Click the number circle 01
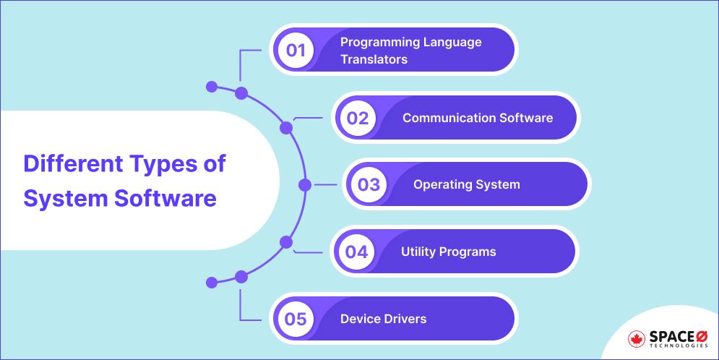(296, 51)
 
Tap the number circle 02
(358, 118)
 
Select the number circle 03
(369, 184)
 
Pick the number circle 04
(357, 252)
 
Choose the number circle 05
(296, 319)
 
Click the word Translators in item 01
(374, 59)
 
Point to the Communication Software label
(477, 118)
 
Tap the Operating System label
(466, 184)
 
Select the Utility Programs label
(448, 252)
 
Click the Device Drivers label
(383, 319)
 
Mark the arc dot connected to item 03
(305, 185)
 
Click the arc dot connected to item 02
(286, 128)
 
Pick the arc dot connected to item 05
(241, 276)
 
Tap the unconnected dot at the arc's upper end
(212, 87)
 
